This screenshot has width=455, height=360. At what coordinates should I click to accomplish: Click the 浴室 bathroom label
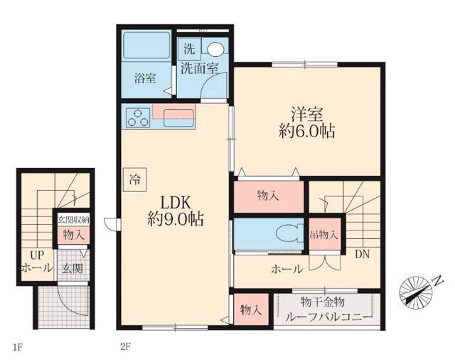point(145,78)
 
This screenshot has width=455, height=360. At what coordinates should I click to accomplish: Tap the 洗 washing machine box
point(189,49)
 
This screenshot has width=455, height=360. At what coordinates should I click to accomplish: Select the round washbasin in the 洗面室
point(215,49)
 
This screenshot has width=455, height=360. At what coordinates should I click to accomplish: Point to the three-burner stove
point(138,117)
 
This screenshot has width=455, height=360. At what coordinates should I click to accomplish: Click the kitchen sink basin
point(178,117)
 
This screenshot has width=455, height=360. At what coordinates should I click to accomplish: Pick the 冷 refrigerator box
point(135,180)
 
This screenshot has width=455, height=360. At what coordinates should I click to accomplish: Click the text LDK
point(176,203)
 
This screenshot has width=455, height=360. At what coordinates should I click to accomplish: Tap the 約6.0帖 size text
point(307,131)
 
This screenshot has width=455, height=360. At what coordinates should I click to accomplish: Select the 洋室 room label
point(307,114)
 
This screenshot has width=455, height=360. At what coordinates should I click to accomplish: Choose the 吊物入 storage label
point(324,234)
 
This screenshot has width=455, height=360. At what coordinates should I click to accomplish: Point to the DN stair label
point(363,254)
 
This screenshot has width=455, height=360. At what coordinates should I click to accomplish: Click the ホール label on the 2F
point(287,270)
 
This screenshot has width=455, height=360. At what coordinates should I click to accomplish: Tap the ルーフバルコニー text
point(328,317)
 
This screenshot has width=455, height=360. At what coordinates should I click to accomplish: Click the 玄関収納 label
point(73,219)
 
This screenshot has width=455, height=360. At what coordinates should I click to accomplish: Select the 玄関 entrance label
point(73,268)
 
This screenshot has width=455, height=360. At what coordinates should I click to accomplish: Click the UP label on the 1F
point(38,255)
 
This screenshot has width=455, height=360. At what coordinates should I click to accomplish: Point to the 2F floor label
point(125,346)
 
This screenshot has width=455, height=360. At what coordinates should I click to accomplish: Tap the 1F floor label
point(17,347)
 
